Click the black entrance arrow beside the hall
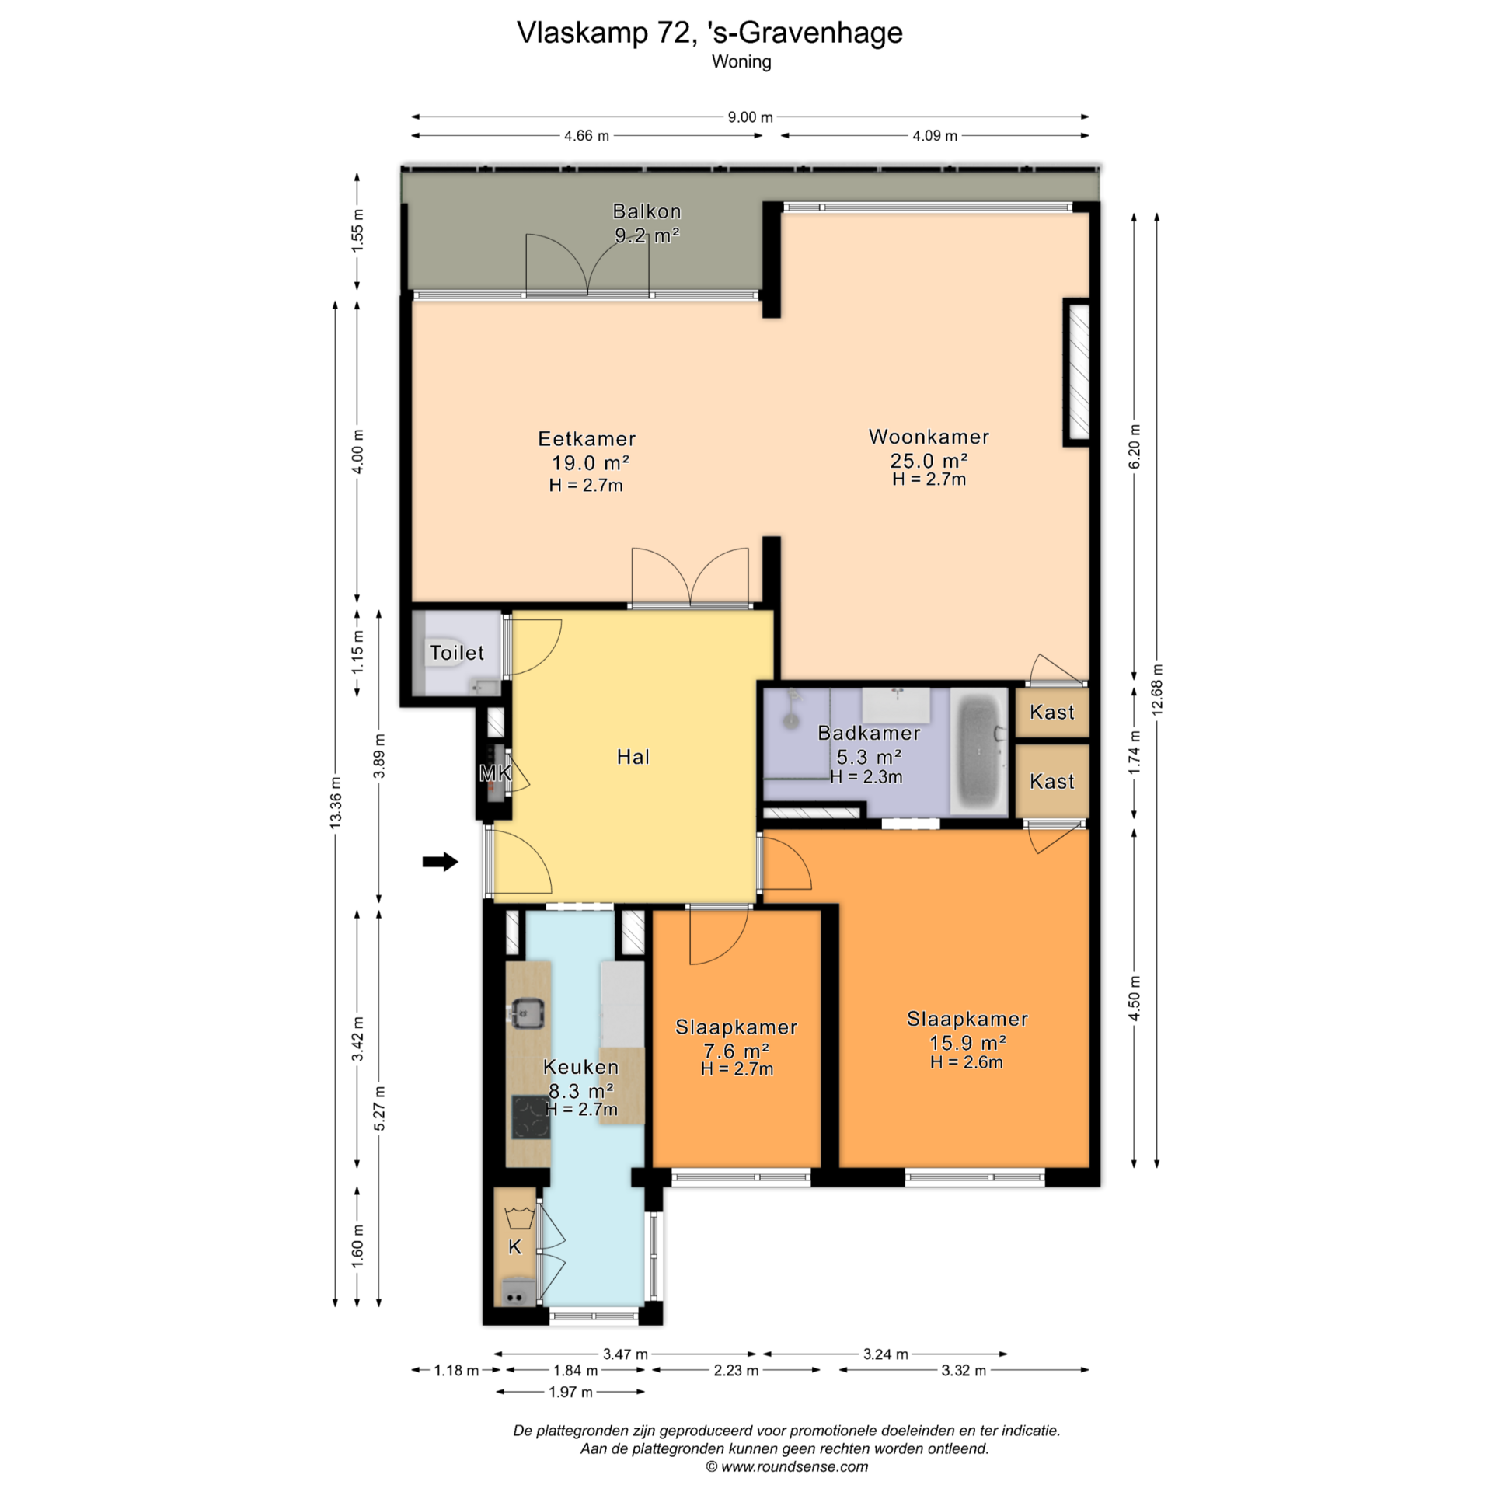tap(440, 861)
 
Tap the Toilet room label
tap(457, 653)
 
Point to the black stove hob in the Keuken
tap(531, 1117)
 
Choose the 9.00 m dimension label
tap(750, 117)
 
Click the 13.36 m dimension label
tap(336, 802)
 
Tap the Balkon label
tap(647, 211)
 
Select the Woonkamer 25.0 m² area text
tap(929, 461)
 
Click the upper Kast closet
tap(1052, 713)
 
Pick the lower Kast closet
tap(1052, 782)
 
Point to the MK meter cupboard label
tap(495, 773)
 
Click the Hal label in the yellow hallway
tap(633, 757)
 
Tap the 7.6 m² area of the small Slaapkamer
tap(736, 1051)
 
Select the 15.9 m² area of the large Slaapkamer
tap(967, 1043)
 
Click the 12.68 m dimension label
tap(1157, 690)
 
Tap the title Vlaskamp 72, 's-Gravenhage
tap(710, 33)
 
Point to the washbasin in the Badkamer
tap(897, 704)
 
